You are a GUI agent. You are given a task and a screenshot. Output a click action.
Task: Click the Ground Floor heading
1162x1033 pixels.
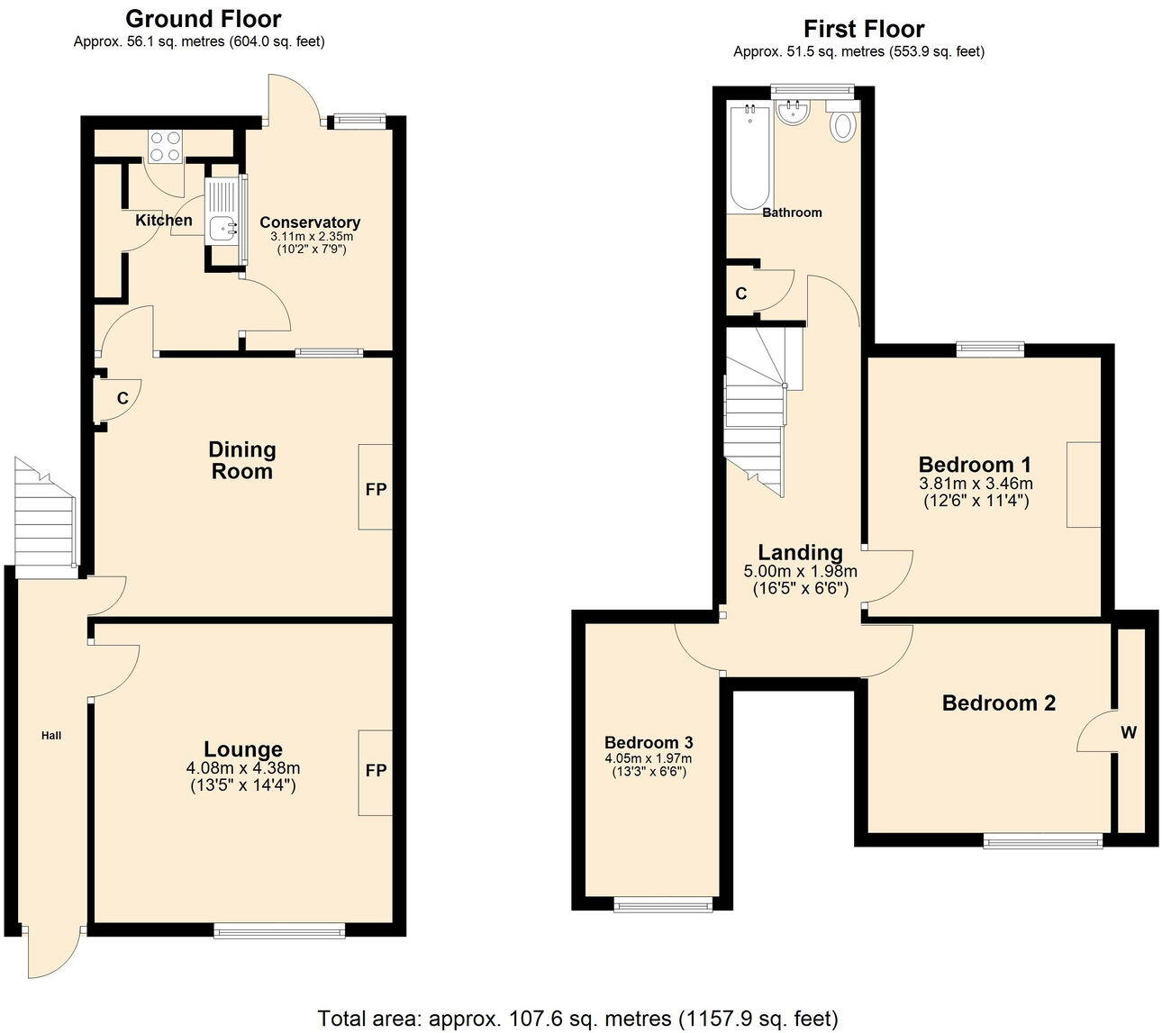tap(203, 19)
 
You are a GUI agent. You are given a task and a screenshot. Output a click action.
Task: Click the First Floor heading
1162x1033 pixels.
tap(863, 29)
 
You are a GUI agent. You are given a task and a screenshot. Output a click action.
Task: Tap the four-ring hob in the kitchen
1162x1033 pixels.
tap(165, 146)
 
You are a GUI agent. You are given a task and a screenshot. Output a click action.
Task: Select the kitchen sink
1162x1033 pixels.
tap(222, 228)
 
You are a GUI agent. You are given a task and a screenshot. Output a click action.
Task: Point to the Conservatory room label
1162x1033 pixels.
tap(309, 222)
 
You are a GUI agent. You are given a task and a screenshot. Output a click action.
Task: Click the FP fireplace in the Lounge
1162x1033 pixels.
tap(376, 772)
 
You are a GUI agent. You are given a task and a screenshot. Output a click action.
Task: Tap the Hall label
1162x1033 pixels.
tap(51, 736)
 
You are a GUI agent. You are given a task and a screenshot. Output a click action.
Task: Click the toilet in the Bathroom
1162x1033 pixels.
tap(843, 123)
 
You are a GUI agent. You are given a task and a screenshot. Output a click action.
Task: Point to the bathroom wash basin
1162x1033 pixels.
tap(794, 113)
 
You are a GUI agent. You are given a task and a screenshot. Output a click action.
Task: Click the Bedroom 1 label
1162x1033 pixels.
tap(975, 465)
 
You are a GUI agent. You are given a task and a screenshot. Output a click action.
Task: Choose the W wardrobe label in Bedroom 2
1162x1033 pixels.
tap(1128, 733)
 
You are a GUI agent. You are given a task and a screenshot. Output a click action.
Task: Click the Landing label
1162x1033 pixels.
tap(800, 552)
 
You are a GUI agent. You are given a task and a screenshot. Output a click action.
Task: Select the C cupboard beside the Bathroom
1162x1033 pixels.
tap(741, 294)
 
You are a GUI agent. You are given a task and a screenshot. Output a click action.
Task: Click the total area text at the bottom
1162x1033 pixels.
tap(577, 1019)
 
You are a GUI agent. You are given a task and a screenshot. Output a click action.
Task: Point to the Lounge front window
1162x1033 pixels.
tap(279, 931)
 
